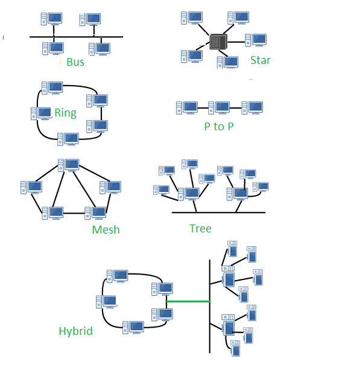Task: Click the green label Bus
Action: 75,62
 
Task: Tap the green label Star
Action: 260,60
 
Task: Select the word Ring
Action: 65,113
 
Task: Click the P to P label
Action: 218,127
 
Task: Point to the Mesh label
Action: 106,230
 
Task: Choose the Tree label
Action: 200,228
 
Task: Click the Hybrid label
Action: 75,331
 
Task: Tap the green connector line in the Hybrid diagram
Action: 188,301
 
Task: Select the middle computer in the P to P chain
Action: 219,108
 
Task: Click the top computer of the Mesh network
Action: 69,165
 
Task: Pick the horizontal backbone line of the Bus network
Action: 76,37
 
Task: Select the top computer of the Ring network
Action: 52,88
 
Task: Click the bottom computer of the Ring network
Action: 68,139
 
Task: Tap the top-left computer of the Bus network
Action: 51,19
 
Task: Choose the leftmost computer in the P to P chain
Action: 187,108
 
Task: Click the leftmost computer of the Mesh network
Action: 31,187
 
